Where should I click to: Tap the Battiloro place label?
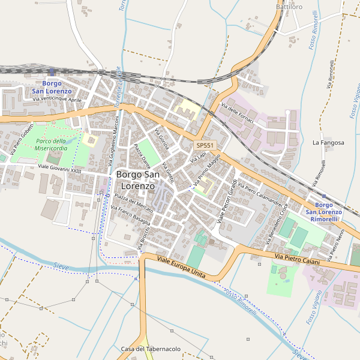tap(289, 7)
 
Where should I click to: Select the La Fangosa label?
tap(329, 143)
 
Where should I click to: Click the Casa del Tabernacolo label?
tap(151, 349)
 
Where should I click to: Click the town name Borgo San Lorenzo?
tap(137, 180)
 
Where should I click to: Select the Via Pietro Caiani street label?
tap(298, 259)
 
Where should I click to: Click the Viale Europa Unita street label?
tap(181, 268)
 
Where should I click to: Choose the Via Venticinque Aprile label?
tap(57, 100)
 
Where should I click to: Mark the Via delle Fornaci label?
tap(238, 113)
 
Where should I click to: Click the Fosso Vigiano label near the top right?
tap(354, 99)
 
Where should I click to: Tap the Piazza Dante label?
tap(142, 154)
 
